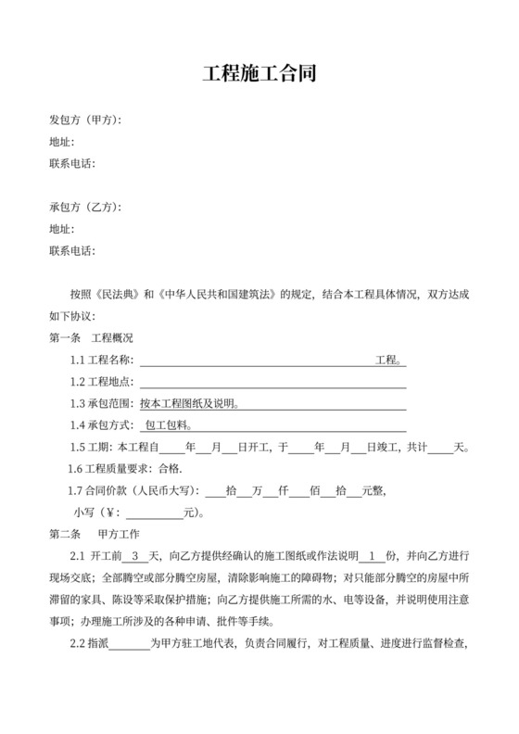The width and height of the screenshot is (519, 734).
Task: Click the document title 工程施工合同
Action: pos(259,74)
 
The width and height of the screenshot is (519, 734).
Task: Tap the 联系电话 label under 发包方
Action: pos(71,164)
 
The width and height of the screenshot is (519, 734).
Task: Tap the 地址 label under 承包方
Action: pos(60,229)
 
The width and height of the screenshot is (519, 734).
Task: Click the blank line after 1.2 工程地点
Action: pos(272,382)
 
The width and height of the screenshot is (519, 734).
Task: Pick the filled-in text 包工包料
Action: pos(167,425)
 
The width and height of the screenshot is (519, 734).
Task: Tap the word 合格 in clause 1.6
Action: pos(170,469)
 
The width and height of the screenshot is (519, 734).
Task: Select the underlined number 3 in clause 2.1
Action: pos(138,556)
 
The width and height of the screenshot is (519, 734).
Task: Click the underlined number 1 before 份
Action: pos(372,556)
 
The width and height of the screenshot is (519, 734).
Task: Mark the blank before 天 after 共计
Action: pos(440,448)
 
